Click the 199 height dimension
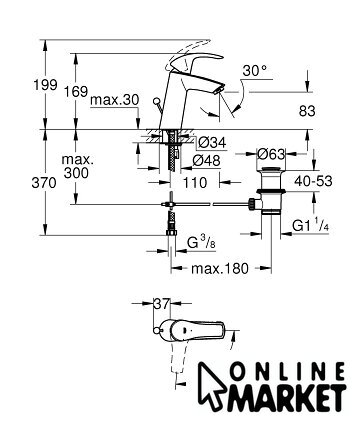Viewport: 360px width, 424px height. (x=45, y=85)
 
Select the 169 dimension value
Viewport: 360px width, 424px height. (x=76, y=91)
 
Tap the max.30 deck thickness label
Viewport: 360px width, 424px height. (x=115, y=100)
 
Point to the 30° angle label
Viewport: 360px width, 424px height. (x=255, y=71)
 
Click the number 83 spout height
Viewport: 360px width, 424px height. (x=307, y=111)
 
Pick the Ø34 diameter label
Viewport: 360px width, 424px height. (x=212, y=143)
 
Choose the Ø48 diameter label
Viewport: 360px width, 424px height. (x=207, y=161)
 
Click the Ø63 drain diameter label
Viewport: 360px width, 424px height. (x=272, y=154)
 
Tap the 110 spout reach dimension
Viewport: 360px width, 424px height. (x=195, y=182)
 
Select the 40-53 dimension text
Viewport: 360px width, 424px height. (x=313, y=181)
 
